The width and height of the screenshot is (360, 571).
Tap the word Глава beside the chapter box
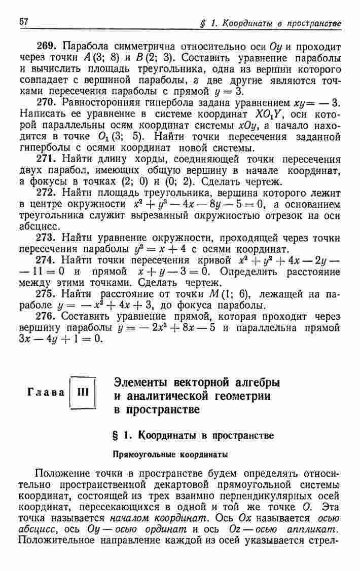coord(47,393)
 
